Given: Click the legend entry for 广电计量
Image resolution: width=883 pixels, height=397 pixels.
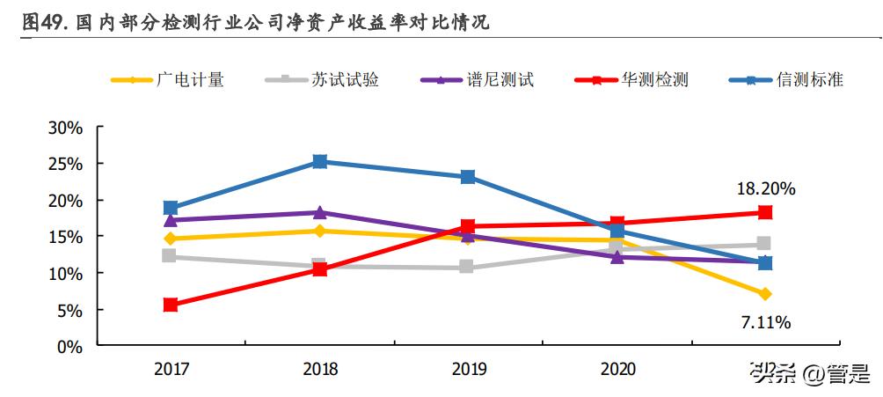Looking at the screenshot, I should coord(167,80).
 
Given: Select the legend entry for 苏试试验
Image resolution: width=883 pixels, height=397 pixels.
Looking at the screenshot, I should coord(322,80).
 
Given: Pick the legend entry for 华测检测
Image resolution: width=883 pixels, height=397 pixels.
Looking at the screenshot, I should coord(631,80).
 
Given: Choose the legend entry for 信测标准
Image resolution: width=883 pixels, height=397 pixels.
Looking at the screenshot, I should coord(786,80).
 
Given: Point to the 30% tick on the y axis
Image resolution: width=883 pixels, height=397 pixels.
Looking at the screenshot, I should coord(65,128).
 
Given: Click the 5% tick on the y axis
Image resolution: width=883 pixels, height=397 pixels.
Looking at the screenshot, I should coord(69,310).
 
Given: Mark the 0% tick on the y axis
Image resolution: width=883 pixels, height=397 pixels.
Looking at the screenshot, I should coord(69,347).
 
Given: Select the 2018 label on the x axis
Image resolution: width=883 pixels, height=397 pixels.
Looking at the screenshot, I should coord(319,370).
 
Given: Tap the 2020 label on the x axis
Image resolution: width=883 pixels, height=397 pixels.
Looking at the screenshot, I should coord(617,370).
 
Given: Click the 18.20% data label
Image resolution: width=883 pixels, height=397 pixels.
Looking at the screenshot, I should coord(765,188).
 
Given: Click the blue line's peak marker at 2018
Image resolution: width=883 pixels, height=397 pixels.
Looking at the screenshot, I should coord(319,162).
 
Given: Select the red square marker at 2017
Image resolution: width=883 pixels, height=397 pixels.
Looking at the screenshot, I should coord(171,305).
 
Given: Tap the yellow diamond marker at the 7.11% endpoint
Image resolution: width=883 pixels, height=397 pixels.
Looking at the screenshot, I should coord(765,294).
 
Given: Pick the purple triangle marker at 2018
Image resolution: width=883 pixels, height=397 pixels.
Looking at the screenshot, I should coord(319,212).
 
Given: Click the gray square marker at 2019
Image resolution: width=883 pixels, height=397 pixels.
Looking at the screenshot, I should coord(468,267).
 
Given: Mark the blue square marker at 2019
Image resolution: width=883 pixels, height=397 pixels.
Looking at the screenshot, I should coord(468,177).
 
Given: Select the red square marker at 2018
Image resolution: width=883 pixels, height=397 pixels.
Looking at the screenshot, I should coord(319,269).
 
